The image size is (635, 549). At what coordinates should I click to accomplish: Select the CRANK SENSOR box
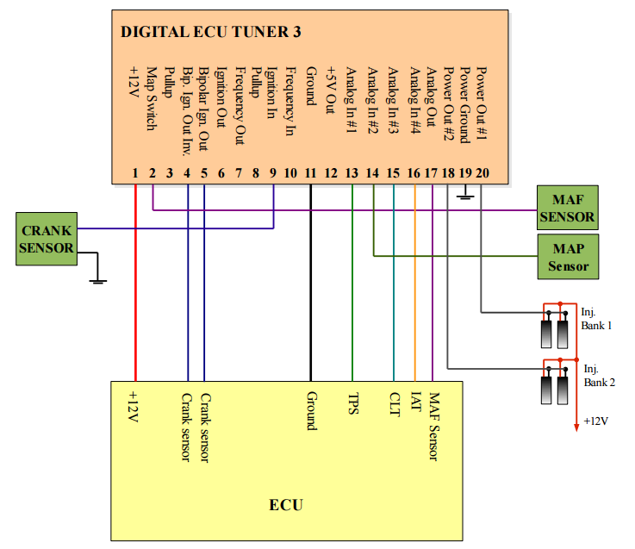[x=47, y=240]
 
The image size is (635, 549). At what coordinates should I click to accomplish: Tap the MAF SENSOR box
[x=567, y=208]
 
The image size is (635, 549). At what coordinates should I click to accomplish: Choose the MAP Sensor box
[x=568, y=257]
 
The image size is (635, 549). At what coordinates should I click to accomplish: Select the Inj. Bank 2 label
[x=599, y=374]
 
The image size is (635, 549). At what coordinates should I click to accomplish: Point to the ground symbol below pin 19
[x=465, y=195]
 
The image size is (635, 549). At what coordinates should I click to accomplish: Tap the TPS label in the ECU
[x=352, y=405]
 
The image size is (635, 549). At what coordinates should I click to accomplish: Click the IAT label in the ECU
[x=415, y=403]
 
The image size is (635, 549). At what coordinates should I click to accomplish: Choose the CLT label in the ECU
[x=394, y=405]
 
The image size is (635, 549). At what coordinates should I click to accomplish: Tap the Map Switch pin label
[x=152, y=99]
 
